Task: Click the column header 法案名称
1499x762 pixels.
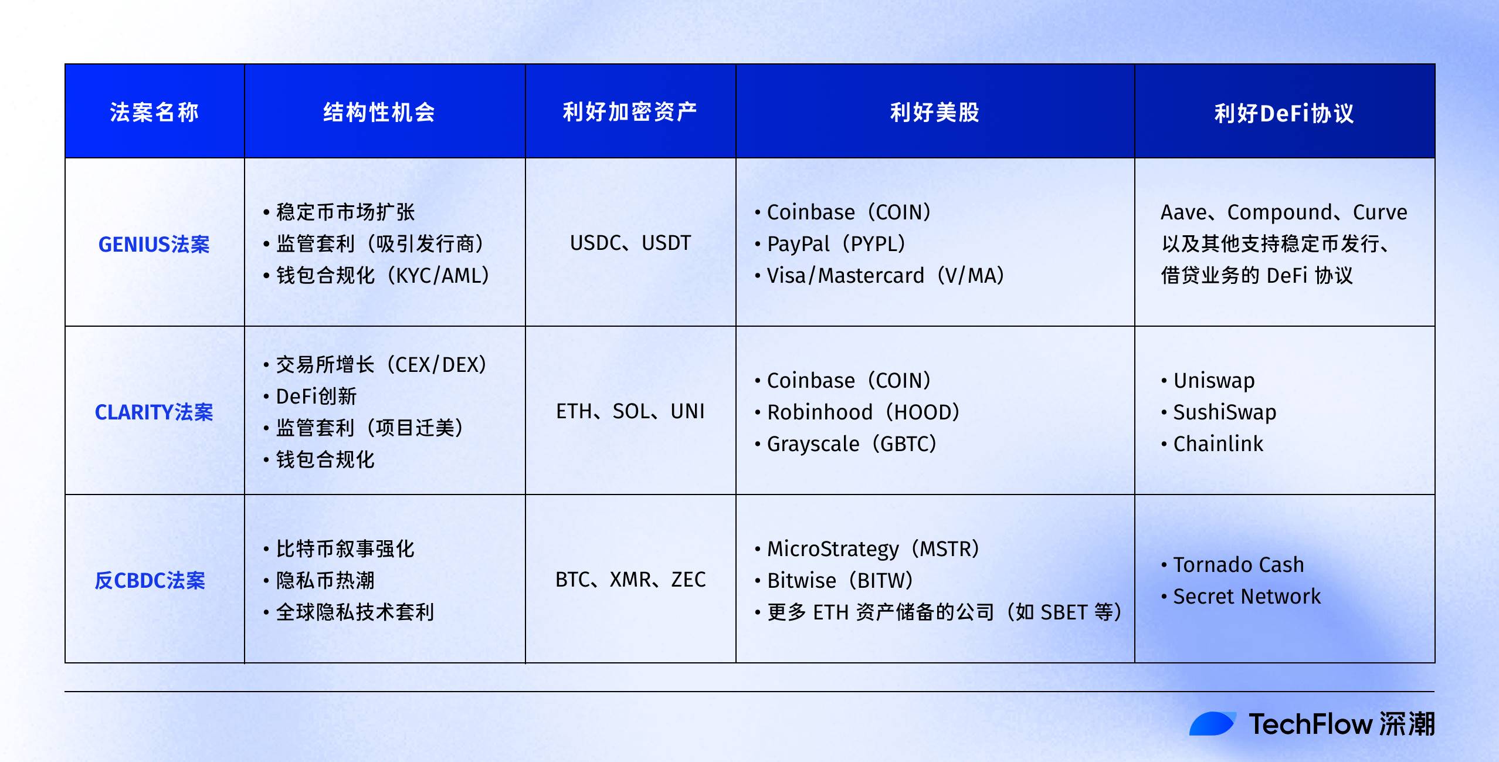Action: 154,112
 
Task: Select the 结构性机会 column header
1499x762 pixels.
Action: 379,112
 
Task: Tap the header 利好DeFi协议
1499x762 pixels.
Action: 1284,113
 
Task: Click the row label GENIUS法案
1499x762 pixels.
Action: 154,244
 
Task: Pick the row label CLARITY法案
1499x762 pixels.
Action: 154,412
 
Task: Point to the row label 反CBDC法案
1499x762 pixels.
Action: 150,580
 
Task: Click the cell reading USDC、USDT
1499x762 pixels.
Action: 630,243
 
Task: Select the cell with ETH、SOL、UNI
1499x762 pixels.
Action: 630,411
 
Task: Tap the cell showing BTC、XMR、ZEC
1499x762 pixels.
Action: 630,580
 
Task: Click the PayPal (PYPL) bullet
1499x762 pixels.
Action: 836,243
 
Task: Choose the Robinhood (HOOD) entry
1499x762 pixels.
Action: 863,412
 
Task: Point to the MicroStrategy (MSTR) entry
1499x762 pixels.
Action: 873,548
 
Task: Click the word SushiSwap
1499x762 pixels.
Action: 1225,412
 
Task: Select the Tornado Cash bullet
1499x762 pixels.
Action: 1238,564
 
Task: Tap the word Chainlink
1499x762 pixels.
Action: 1218,443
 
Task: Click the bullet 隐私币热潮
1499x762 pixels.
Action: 325,580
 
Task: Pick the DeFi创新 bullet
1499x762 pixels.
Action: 316,396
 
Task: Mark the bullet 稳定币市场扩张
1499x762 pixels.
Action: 345,212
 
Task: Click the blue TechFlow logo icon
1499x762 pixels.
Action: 1212,723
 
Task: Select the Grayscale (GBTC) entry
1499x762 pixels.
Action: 851,443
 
